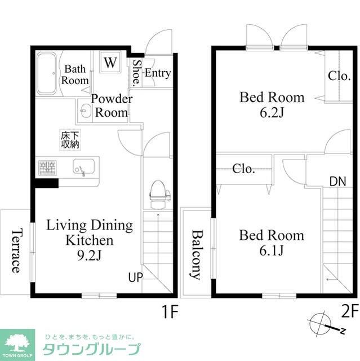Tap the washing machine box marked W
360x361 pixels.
click(110, 62)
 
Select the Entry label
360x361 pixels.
click(158, 73)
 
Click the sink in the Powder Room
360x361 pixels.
click(85, 111)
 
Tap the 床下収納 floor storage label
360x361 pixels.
click(70, 140)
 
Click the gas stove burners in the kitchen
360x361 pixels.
click(47, 168)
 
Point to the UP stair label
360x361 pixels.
click(135, 278)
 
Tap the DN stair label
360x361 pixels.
click(337, 181)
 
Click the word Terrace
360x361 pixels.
click(17, 250)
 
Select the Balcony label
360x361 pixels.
click(196, 254)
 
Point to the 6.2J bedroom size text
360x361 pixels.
click(272, 112)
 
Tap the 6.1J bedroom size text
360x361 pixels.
click(272, 250)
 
